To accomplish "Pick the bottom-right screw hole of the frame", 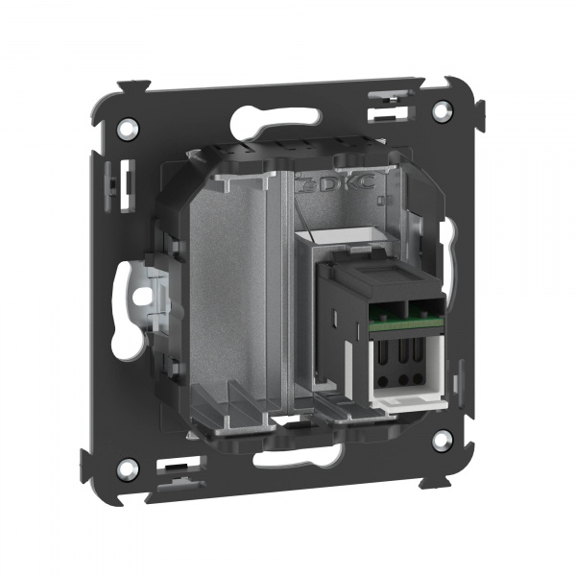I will [x=441, y=440].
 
